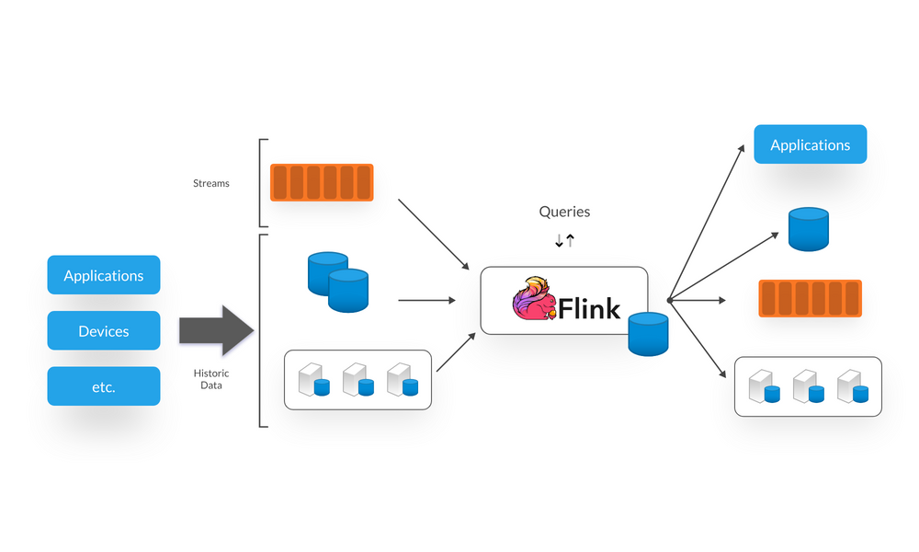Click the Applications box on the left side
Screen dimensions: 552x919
(x=104, y=275)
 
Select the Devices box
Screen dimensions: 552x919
(x=104, y=331)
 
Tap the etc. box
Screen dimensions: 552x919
(x=104, y=386)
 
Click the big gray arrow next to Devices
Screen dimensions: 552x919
(x=215, y=330)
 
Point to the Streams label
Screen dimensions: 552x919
(x=211, y=183)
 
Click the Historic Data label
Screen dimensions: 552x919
(x=210, y=379)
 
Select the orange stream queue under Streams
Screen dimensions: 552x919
(x=322, y=182)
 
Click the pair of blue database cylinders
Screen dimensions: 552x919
(x=337, y=281)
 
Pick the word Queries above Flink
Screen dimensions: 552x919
(x=564, y=212)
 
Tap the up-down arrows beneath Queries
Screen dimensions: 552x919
(x=564, y=241)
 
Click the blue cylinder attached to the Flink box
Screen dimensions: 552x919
(x=648, y=334)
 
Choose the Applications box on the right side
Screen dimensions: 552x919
(x=810, y=144)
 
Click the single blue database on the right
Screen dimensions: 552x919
(x=809, y=229)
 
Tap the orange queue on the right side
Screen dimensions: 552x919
(x=810, y=299)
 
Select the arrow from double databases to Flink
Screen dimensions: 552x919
(x=426, y=300)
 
